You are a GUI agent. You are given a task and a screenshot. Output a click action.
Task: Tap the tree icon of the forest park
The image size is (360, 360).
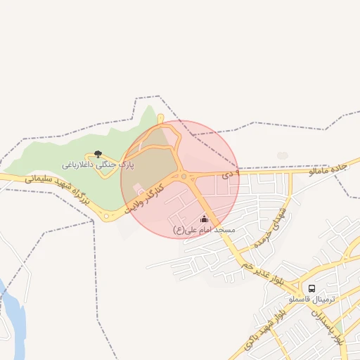coord(98,154)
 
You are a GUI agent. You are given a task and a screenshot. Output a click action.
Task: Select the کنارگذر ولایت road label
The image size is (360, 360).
coord(145,199)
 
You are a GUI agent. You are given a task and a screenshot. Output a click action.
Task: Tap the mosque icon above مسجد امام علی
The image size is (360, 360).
coord(204,219)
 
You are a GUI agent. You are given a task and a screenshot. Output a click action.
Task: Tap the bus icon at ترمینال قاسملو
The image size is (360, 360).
coord(312,288)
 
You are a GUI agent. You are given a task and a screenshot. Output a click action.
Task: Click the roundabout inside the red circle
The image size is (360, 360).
coord(184,177)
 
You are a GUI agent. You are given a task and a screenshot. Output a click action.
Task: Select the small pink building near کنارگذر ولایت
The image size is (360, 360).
coord(138,189)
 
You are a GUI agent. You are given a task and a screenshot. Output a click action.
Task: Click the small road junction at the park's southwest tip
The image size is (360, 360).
coord(106,217)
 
